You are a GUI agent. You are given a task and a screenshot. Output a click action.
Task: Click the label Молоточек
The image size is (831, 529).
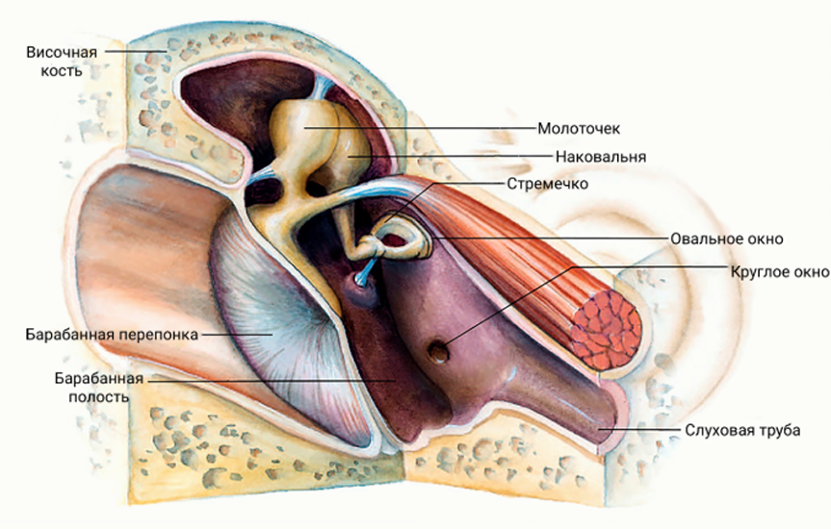(x=578, y=129)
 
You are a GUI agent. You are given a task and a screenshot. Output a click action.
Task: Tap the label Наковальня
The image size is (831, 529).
(x=601, y=158)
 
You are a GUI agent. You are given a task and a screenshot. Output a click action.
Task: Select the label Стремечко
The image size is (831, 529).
(x=548, y=185)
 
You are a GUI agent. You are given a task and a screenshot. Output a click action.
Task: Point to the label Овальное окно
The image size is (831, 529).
(x=727, y=239)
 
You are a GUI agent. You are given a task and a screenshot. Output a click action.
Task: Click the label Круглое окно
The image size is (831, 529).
(x=780, y=272)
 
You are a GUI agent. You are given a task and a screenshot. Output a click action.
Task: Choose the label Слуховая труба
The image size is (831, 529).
(x=742, y=430)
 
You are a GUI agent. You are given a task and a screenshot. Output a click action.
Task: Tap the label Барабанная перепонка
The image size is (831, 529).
(x=112, y=335)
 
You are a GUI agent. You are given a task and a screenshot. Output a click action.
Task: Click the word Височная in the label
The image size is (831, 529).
(x=62, y=53)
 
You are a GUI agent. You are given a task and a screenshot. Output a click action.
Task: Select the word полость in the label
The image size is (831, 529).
(x=99, y=396)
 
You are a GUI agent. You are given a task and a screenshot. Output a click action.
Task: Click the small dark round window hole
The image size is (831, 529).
(x=438, y=352)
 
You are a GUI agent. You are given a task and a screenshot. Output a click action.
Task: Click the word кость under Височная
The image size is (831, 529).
(x=62, y=71)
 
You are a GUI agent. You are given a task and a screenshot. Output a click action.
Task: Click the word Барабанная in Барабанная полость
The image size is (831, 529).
(x=99, y=379)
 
